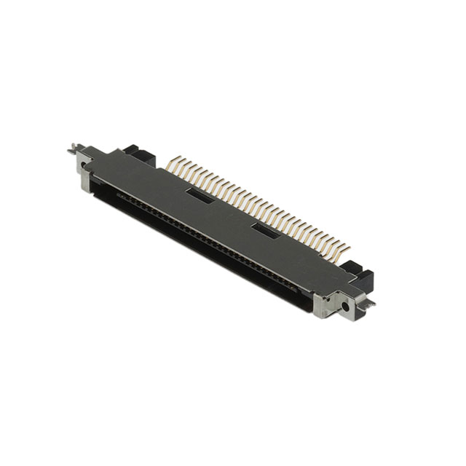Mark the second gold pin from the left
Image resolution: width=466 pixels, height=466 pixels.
[179, 163]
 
